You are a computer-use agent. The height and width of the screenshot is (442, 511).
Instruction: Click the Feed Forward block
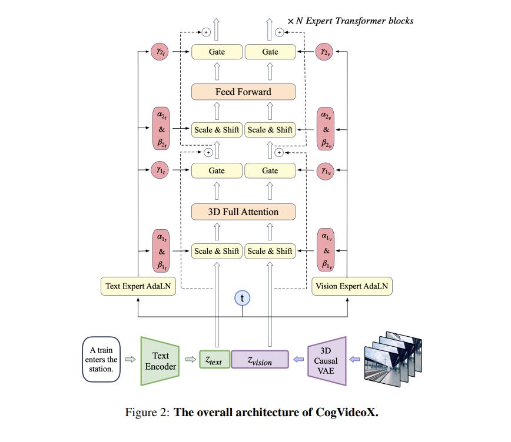(244, 92)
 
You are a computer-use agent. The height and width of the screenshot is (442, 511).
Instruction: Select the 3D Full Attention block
(244, 212)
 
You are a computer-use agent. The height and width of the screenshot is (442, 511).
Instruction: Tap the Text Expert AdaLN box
(138, 286)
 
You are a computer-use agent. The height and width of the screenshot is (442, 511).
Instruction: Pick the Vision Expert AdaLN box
(352, 286)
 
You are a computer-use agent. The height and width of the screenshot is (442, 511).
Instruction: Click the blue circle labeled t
(242, 298)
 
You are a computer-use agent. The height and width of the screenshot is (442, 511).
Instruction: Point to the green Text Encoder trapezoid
(160, 361)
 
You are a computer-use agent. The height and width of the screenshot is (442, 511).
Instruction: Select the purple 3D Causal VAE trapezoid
(327, 361)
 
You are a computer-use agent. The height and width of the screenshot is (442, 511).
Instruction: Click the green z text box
(214, 359)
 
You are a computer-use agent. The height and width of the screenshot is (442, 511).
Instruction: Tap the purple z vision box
(260, 359)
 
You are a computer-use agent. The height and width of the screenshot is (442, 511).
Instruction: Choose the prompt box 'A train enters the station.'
(101, 359)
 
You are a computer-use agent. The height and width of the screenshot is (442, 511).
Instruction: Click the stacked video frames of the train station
(393, 359)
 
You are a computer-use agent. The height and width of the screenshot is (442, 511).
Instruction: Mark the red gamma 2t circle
(160, 51)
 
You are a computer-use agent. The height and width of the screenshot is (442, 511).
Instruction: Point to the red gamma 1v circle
(325, 171)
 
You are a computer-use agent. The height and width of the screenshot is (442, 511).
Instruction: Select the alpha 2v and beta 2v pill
(325, 129)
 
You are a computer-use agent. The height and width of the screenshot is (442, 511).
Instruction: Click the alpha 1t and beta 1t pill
(161, 250)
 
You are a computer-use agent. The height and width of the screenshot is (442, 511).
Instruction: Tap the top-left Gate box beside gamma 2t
(217, 52)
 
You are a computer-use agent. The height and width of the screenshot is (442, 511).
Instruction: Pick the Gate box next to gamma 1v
(270, 170)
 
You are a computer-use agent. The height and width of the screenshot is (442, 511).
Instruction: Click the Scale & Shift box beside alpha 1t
(217, 251)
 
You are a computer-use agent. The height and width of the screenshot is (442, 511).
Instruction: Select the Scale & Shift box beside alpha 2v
(270, 129)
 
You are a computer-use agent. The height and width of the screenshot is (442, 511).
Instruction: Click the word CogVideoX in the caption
(347, 413)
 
